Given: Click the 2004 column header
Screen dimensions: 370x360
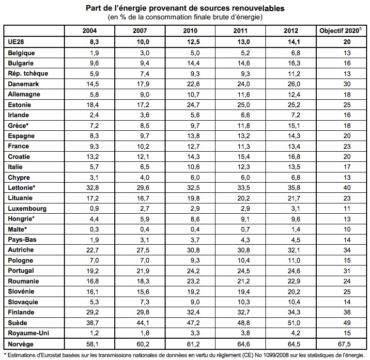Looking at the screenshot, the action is coord(90,31).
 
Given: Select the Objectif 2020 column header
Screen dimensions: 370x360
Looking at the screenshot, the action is coord(340,31).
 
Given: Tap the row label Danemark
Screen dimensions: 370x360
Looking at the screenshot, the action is coord(23,84).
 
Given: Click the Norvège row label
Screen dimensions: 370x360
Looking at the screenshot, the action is coord(21,344).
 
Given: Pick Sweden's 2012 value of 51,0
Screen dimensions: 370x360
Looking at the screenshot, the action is coord(294,323).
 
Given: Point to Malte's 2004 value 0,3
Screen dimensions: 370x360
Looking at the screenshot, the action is coord(94,229).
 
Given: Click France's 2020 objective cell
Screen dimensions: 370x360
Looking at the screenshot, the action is coord(347,146).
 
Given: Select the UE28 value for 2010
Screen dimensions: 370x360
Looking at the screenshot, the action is coord(193,42).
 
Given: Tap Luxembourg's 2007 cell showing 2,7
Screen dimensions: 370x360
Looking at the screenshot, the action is coord(145,209).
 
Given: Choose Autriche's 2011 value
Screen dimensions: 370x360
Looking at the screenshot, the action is coord(244,250).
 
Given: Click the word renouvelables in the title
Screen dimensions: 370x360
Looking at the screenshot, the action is coord(258,8).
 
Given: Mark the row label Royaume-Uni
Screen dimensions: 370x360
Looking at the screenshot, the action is coord(28,333).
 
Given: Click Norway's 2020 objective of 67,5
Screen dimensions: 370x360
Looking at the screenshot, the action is coord(344,344).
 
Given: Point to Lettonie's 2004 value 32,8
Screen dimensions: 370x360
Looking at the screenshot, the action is coord(92,188).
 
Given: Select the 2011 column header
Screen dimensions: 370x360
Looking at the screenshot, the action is coord(240,31).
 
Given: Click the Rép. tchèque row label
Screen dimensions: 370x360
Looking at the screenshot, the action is coord(28,74).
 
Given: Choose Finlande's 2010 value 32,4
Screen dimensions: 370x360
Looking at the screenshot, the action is coord(193,313).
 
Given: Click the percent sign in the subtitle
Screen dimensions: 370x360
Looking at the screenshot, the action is coord(123,17).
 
